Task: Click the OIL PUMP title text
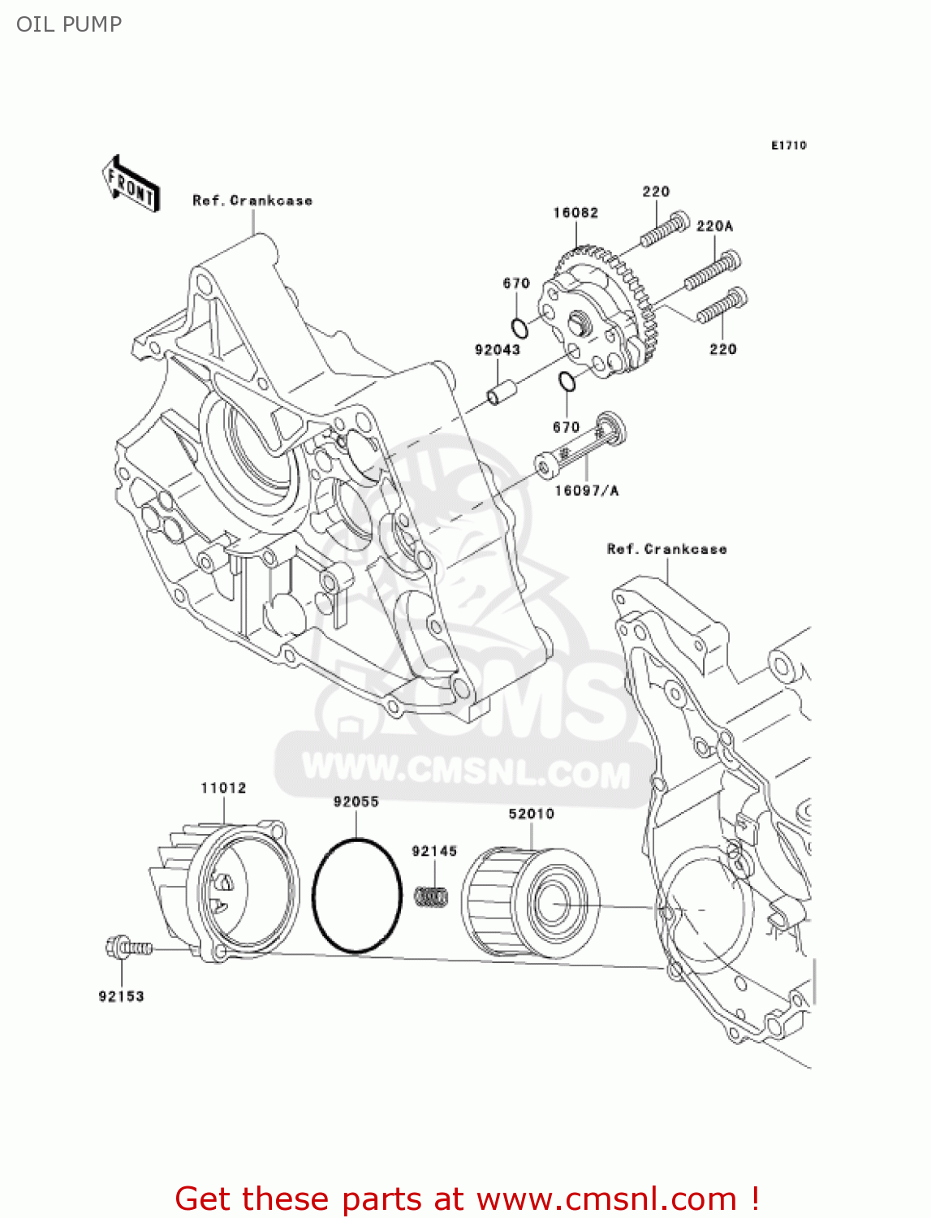pyautogui.click(x=69, y=24)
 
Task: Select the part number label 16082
pyautogui.click(x=575, y=213)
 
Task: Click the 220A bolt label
pyautogui.click(x=714, y=226)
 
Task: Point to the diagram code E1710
pyautogui.click(x=788, y=145)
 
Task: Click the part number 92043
pyautogui.click(x=498, y=350)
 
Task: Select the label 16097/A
pyautogui.click(x=586, y=490)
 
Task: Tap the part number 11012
pyautogui.click(x=223, y=788)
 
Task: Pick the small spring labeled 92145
pyautogui.click(x=433, y=896)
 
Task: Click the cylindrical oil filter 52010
pyautogui.click(x=531, y=901)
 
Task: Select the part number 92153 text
pyautogui.click(x=122, y=996)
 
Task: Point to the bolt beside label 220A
pyautogui.click(x=713, y=272)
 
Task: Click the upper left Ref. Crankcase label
pyautogui.click(x=252, y=201)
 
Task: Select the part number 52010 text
pyautogui.click(x=531, y=814)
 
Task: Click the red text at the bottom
pyautogui.click(x=467, y=1199)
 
